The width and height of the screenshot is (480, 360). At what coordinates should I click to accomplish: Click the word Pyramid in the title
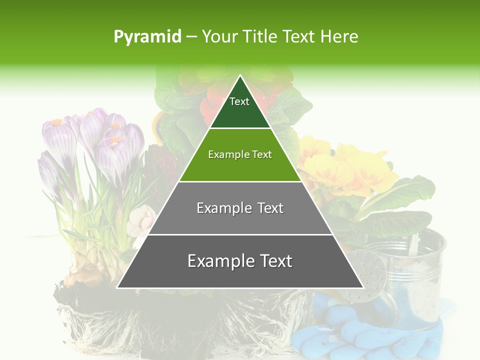(147, 37)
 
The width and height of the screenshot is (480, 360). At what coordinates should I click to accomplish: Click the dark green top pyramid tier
(240, 112)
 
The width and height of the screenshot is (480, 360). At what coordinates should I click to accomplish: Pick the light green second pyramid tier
(240, 167)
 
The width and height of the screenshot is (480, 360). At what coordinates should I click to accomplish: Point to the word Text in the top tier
(239, 101)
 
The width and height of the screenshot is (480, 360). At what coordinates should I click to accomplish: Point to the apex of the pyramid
(240, 76)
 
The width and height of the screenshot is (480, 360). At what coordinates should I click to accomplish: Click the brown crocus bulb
(87, 270)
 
